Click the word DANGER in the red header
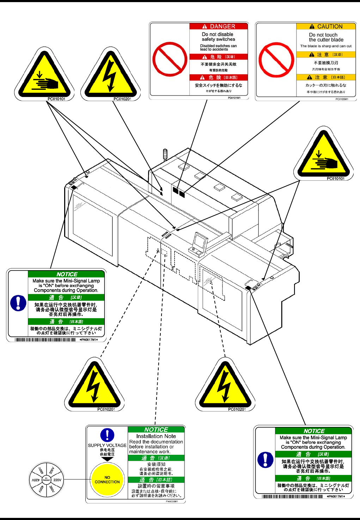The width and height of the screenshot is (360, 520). [222, 26]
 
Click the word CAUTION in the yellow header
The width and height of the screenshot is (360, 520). [330, 26]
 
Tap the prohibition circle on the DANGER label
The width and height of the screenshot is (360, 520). [170, 59]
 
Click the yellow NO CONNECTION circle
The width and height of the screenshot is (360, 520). [107, 479]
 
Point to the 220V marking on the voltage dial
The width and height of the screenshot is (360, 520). [57, 480]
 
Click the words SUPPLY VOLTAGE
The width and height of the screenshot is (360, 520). [107, 445]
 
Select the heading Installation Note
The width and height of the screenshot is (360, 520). [156, 436]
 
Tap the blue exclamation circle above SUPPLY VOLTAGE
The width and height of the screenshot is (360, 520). [107, 435]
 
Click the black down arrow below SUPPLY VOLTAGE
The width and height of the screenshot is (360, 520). [107, 459]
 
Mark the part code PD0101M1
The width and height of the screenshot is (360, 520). [234, 98]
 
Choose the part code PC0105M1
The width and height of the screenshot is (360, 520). [342, 99]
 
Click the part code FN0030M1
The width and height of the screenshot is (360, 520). [172, 501]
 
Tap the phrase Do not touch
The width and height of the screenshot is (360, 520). [323, 35]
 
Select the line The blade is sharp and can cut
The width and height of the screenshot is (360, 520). [326, 46]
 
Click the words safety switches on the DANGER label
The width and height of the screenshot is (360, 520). [218, 39]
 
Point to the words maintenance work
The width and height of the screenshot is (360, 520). [150, 452]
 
